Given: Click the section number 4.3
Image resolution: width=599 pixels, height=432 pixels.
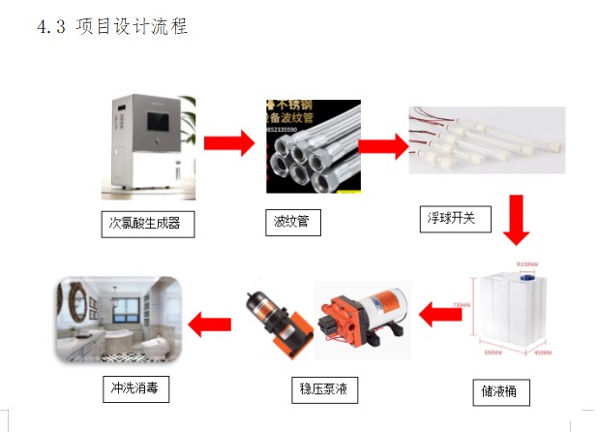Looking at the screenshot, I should coord(51,26).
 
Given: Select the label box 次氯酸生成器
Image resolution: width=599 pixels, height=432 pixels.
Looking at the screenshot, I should coord(147,225).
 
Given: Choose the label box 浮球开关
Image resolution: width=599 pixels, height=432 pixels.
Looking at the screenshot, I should coord(455,219).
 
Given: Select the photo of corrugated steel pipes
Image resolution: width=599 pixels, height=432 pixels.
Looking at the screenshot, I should coord(312,145).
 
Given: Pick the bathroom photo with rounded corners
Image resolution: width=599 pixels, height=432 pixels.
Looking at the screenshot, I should coord(119,321).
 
